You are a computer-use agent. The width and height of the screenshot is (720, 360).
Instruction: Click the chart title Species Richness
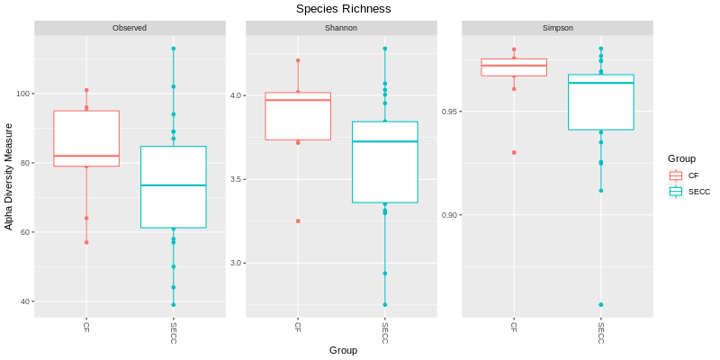344,9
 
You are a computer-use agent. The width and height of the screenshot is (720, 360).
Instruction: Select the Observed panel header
130,28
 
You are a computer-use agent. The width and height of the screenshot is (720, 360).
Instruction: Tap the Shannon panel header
341,28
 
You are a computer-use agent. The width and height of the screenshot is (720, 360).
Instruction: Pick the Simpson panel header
557,28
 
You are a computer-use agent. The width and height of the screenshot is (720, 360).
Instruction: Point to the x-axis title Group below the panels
343,350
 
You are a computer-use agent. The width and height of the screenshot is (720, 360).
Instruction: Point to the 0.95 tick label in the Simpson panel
449,112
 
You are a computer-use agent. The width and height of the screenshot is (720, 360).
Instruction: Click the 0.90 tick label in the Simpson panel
449,215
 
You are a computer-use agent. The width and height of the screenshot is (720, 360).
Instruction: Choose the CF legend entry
693,175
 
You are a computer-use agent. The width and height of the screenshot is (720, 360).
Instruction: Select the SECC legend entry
698,191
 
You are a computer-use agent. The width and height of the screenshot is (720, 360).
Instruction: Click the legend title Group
680,158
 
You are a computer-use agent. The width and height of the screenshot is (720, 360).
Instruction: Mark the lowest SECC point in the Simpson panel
601,305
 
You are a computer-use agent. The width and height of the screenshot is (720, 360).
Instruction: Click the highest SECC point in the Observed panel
174,49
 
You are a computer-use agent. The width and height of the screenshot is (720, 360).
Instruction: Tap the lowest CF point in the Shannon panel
298,220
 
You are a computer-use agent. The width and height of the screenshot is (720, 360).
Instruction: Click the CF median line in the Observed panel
86,156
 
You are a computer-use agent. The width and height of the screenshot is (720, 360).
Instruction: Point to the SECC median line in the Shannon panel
384,141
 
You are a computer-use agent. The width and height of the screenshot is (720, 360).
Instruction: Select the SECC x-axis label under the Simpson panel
600,333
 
